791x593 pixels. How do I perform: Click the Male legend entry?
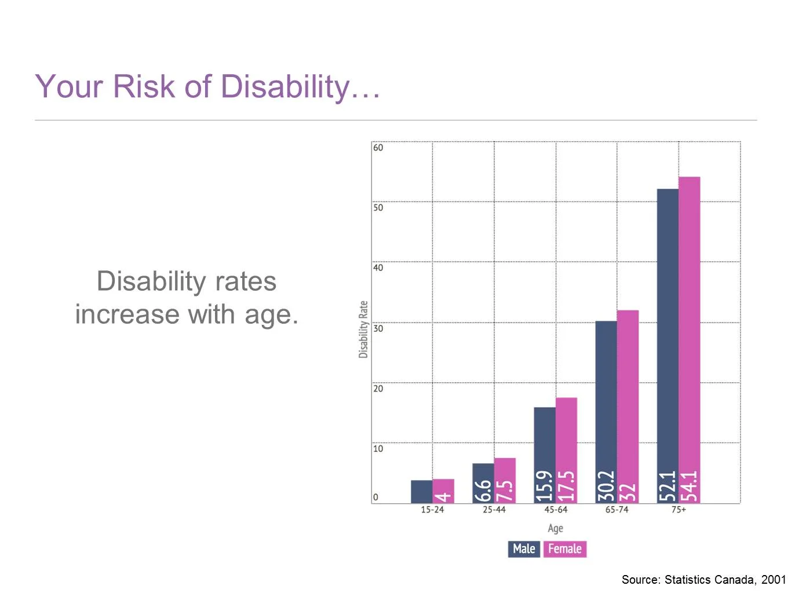coord(524,549)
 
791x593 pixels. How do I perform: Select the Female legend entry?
coord(564,549)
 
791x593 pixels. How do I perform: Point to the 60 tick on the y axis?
coord(378,148)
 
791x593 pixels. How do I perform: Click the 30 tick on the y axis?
coord(378,328)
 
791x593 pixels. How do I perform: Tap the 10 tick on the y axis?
coord(378,449)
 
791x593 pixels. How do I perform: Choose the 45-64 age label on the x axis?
coord(555,510)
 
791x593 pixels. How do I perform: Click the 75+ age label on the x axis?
coord(679,510)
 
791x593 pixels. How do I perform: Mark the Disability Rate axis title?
coord(363,330)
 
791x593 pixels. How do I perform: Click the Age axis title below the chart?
coord(555,528)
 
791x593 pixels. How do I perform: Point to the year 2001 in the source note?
coord(773,580)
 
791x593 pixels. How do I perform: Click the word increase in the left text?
coord(127,315)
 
